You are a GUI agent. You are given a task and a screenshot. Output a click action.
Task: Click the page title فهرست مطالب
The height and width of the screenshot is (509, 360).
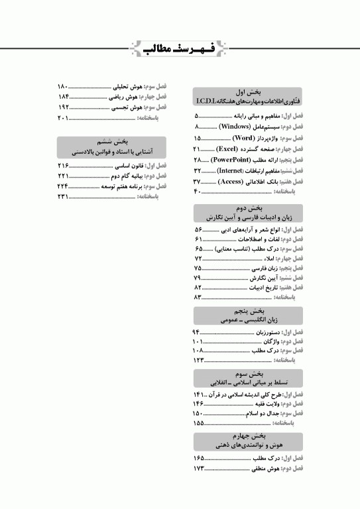pyautogui.click(x=180, y=48)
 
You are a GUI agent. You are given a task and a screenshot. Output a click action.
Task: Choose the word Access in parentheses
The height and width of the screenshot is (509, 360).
pyautogui.click(x=231, y=181)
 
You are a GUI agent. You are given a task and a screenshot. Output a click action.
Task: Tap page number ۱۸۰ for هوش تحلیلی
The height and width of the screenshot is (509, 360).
pyautogui.click(x=64, y=87)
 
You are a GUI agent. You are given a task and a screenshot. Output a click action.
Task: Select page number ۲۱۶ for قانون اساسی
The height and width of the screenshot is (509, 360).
pyautogui.click(x=64, y=164)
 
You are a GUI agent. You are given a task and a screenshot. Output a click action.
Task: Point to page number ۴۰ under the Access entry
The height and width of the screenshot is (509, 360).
pyautogui.click(x=196, y=192)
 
